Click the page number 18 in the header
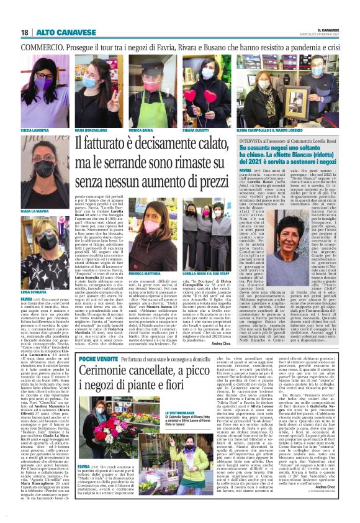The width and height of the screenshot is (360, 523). point(24,32)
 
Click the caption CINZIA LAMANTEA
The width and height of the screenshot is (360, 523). point(35,132)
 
